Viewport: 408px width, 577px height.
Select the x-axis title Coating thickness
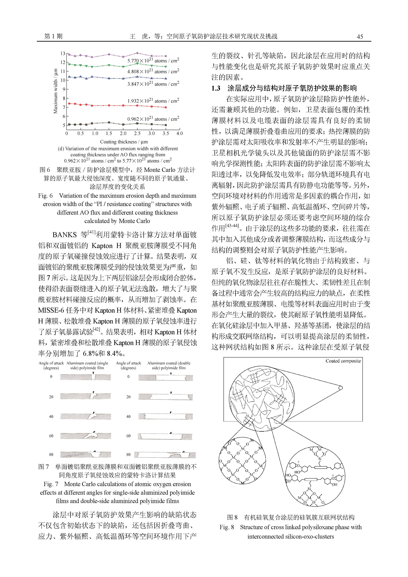pos(124,142)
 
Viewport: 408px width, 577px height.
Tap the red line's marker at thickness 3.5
pos(166,107)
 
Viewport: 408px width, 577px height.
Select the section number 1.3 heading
pos(216,88)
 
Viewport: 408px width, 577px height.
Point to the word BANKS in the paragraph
pos(64,235)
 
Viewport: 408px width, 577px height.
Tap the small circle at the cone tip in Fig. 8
pos(340,388)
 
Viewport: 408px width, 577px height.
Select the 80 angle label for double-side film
pos(128,454)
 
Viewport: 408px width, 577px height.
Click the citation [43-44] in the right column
pos(232,225)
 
